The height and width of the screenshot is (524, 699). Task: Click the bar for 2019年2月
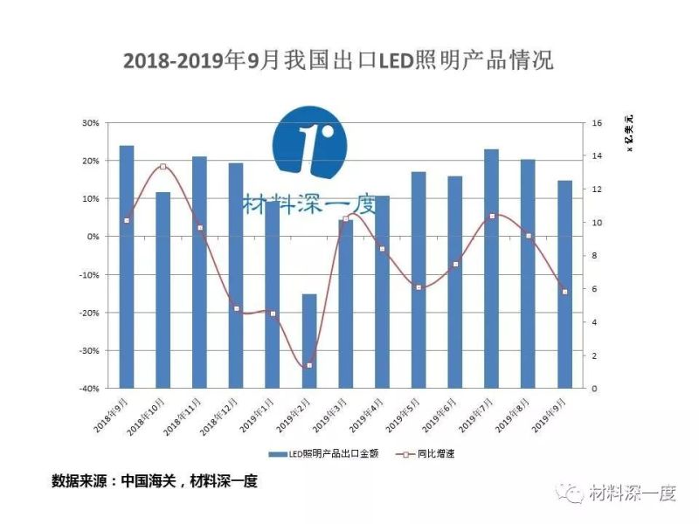click(x=309, y=341)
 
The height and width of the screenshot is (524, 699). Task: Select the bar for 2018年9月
click(x=127, y=266)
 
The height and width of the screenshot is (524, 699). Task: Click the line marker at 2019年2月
click(x=309, y=365)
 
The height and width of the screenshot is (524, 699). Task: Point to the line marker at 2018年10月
click(x=163, y=167)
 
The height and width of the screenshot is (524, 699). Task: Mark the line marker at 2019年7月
click(x=492, y=216)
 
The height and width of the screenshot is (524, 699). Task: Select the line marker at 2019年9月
click(x=564, y=292)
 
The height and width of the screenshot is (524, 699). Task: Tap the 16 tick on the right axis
click(x=598, y=123)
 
